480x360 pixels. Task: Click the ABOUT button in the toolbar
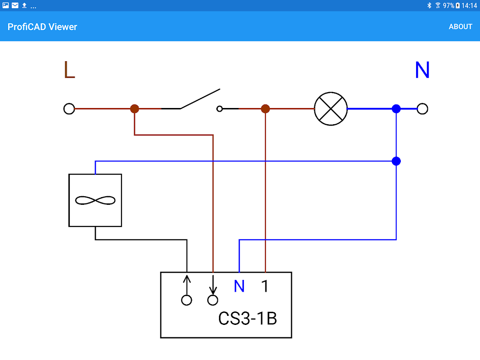tap(460, 27)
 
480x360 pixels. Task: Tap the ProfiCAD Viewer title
tap(42, 27)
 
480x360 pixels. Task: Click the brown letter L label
tap(69, 70)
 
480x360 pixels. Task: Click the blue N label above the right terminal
tap(422, 70)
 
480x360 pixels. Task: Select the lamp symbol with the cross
tap(331, 109)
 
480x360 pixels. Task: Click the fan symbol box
tap(95, 200)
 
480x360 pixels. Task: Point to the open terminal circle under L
tap(69, 109)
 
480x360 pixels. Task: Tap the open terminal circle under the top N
tap(422, 109)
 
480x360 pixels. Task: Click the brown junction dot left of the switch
tap(135, 109)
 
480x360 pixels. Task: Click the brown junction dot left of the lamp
tap(265, 109)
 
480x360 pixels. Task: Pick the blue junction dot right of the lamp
tap(396, 109)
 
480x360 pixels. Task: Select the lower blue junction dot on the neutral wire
tap(396, 161)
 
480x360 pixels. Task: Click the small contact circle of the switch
tap(220, 109)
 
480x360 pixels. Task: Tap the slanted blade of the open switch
tap(200, 99)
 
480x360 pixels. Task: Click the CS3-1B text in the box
tap(247, 319)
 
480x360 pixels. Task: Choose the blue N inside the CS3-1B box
tap(239, 286)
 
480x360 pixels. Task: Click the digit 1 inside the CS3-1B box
tap(265, 286)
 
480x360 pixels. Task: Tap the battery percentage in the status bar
tap(449, 6)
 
